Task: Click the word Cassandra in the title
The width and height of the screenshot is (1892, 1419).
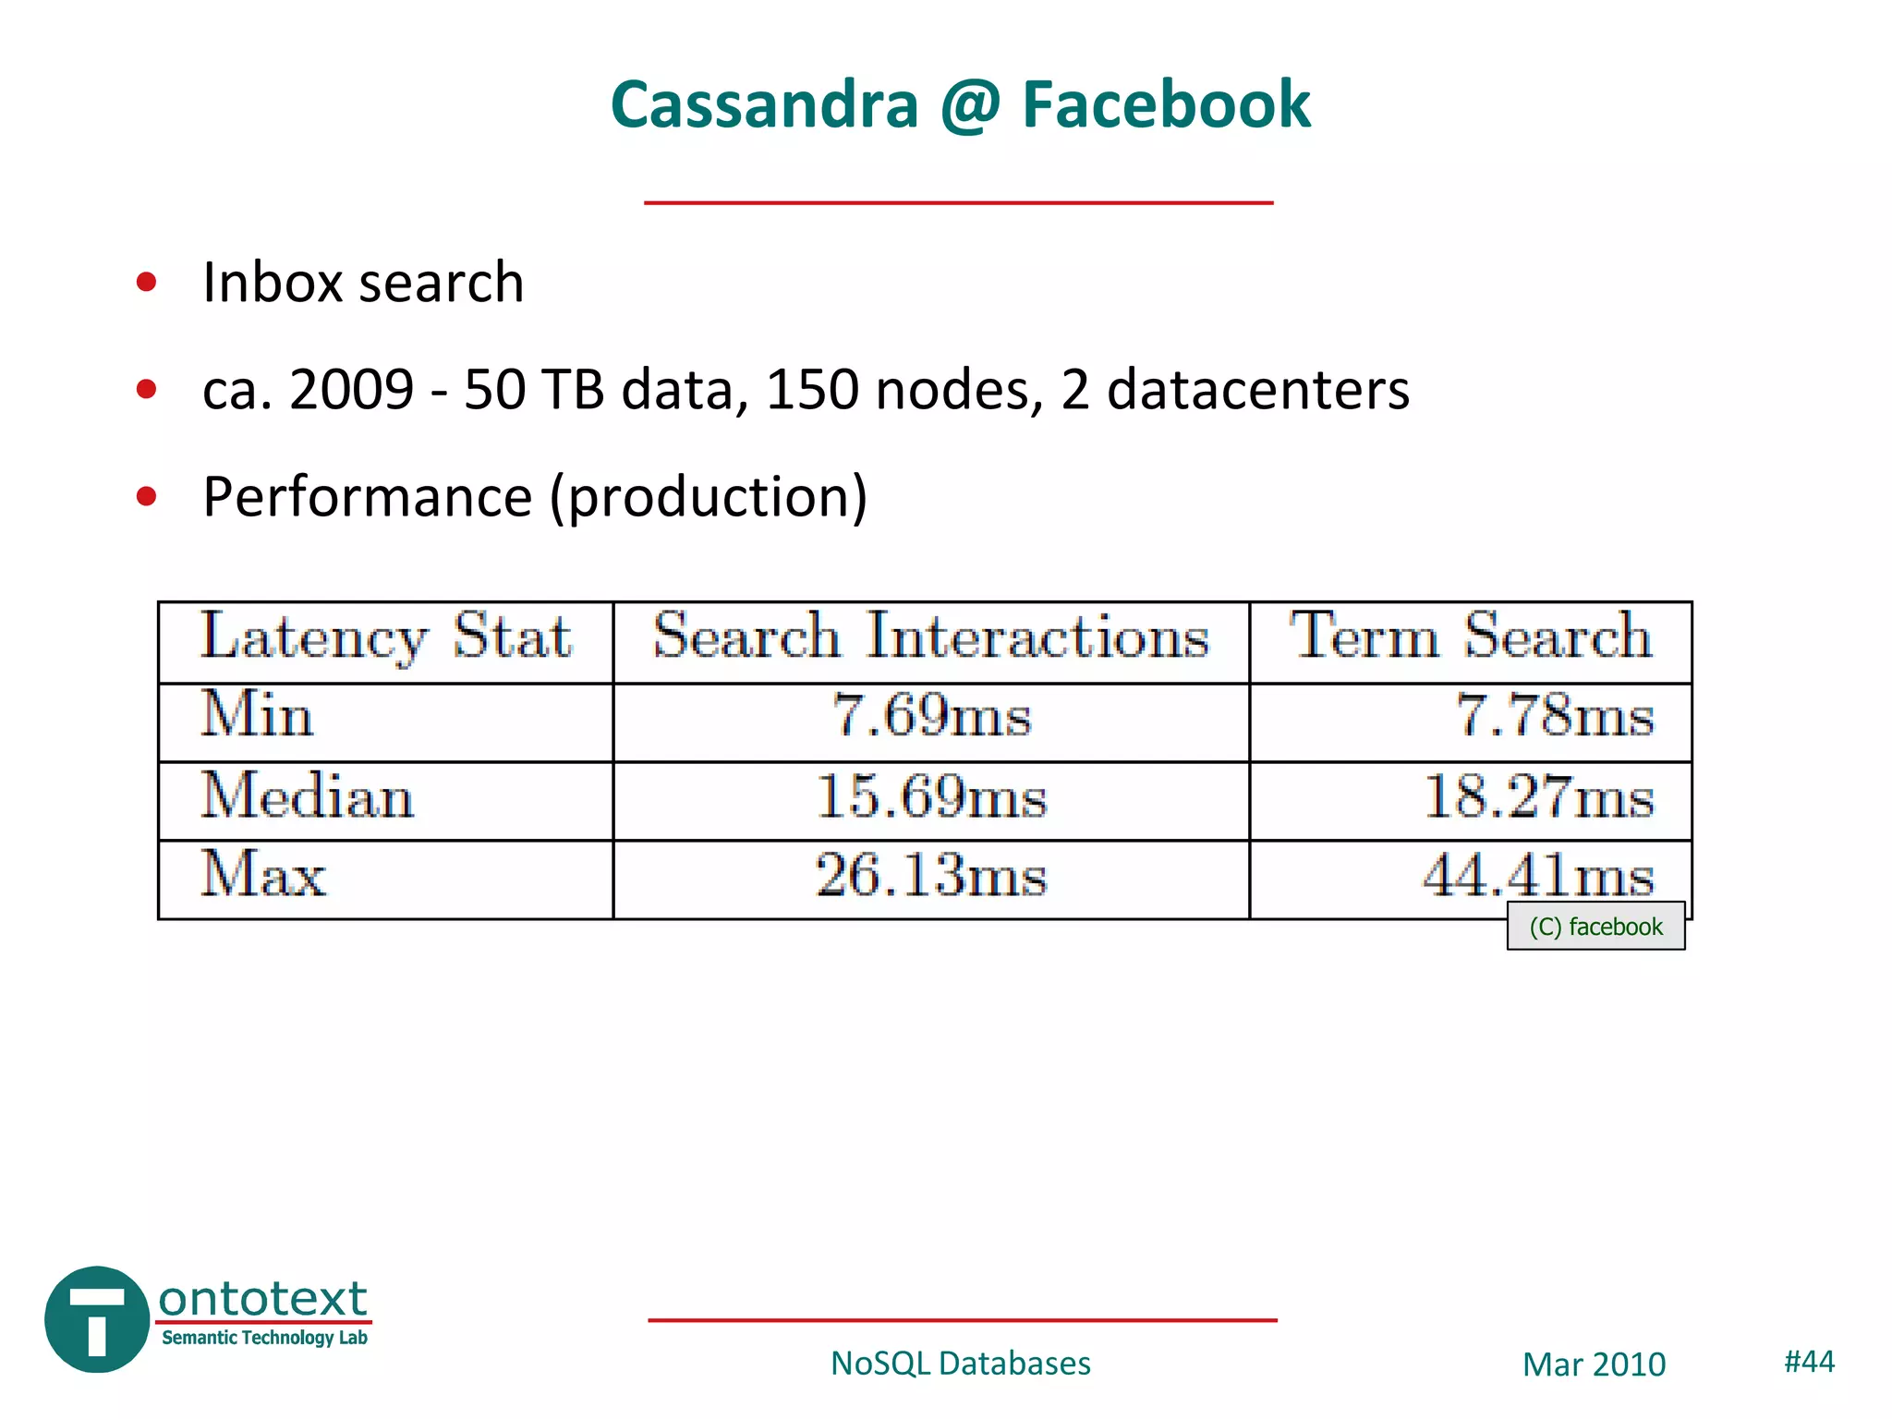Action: [764, 104]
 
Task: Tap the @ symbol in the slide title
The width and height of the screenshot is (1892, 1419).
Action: [970, 104]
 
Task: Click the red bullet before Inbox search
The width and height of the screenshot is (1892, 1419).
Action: [146, 281]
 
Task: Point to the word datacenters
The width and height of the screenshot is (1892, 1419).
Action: [1258, 389]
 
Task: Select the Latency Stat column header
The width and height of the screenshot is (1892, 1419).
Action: [386, 637]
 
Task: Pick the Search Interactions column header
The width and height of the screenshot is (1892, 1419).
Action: [931, 637]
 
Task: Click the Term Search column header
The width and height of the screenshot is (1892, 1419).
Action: [1471, 637]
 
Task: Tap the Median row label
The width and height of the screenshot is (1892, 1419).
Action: [308, 797]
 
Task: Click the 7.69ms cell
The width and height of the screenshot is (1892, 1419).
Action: [931, 717]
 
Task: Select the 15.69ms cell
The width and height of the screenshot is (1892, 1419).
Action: [931, 797]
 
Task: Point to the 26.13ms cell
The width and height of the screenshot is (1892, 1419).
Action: [931, 876]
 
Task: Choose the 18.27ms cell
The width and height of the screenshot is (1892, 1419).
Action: [1538, 797]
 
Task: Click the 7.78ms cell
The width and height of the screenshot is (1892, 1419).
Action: [1555, 717]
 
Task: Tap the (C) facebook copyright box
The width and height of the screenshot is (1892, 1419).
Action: [1595, 927]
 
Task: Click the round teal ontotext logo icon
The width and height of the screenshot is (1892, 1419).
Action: [97, 1319]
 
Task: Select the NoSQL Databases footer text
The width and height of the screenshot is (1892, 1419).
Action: [960, 1364]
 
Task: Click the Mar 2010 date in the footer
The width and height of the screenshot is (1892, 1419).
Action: [1594, 1364]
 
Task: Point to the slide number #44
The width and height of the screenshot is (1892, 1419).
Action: [1809, 1361]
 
